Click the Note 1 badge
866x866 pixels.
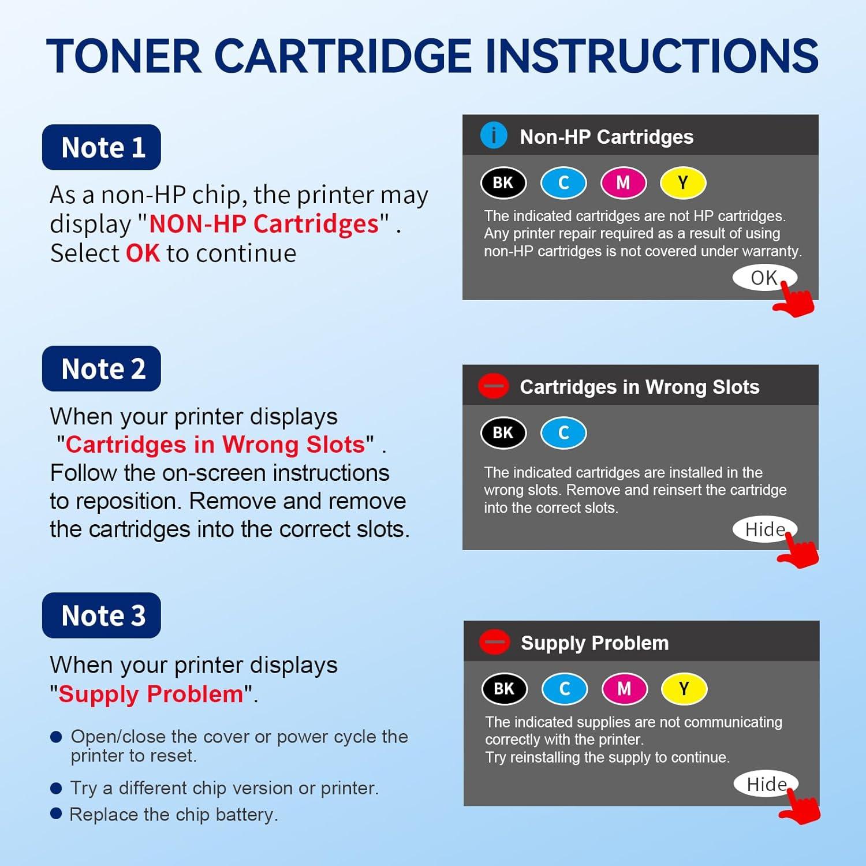coord(102,147)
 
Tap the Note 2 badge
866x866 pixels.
coord(102,368)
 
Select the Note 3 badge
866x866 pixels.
coord(102,615)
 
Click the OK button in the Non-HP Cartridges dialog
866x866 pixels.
coord(763,278)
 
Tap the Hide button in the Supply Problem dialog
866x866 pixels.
coord(766,784)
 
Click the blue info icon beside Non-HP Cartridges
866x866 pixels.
coord(494,136)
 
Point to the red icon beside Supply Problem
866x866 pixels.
coord(495,642)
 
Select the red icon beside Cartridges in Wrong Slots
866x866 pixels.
coord(494,386)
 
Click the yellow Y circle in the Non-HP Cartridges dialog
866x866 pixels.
coord(683,183)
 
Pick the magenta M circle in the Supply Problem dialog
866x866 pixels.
coord(624,689)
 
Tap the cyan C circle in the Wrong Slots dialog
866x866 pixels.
coord(563,433)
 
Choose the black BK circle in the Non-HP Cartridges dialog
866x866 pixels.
coord(503,183)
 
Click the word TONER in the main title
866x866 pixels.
coord(124,57)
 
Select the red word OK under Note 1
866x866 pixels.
coord(143,253)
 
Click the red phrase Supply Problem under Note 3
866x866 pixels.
coord(151,694)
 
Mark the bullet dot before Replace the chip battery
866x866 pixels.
coord(56,813)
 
